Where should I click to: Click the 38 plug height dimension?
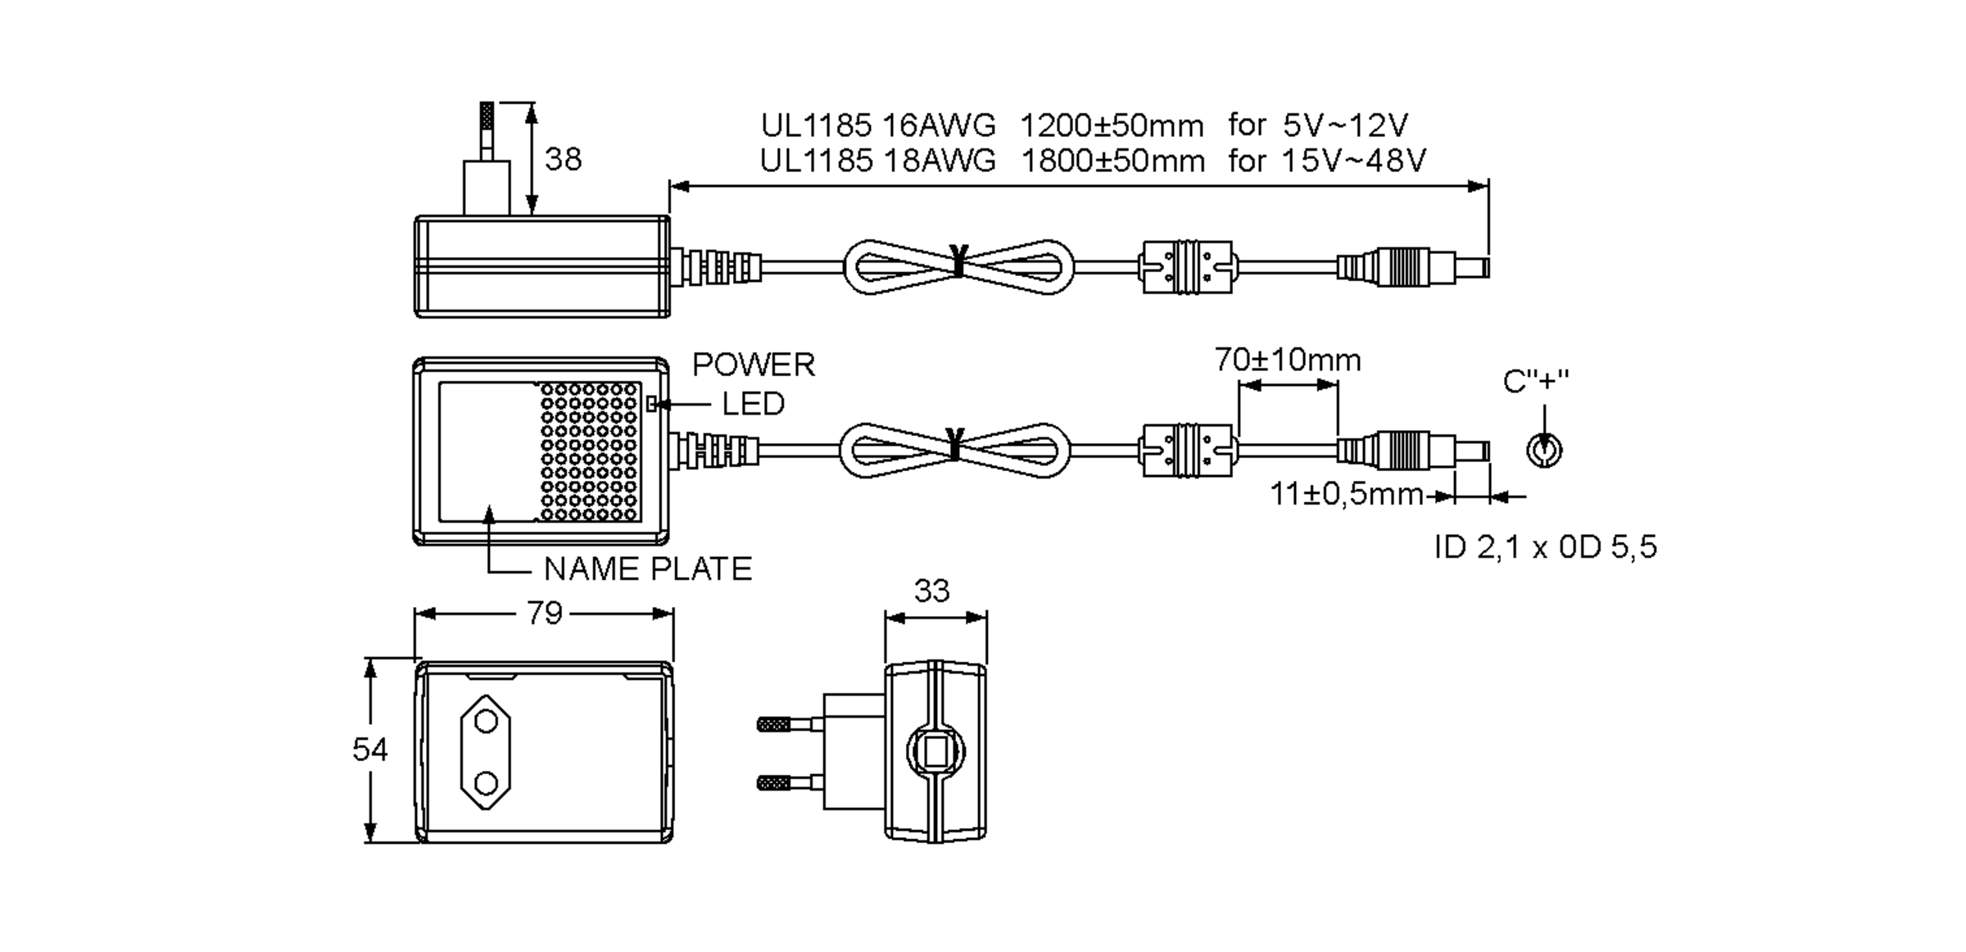563,159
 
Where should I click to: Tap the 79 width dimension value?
544,613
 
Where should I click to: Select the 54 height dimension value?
369,749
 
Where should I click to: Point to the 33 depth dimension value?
931,591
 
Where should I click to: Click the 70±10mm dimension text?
1287,360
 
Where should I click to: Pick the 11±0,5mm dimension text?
1346,494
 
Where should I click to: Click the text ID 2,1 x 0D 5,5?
1545,547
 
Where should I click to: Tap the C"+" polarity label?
1535,381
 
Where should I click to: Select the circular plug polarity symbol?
1544,451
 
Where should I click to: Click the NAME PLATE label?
647,569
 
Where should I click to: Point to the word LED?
752,404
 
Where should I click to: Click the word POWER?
753,365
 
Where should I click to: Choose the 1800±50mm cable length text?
1112,161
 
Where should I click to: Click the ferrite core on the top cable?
1187,267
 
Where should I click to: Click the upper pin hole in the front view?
486,722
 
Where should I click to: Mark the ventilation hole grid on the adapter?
589,451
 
